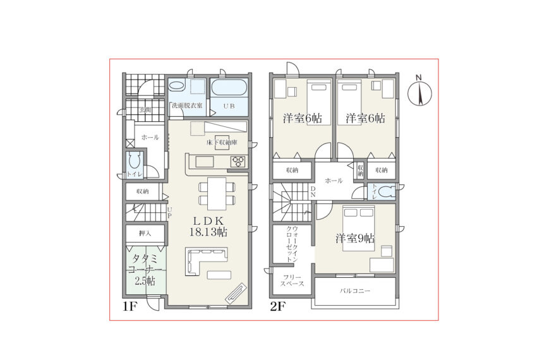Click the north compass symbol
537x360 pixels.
tap(420, 92)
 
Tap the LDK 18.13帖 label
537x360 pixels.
tap(208, 226)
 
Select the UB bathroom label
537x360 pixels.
tap(229, 106)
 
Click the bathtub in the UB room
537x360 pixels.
tap(229, 88)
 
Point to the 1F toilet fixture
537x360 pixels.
tap(135, 162)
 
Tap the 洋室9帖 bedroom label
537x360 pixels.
tap(355, 238)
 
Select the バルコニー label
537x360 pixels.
tap(355, 291)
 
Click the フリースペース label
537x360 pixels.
tap(292, 280)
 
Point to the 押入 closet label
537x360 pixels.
tap(145, 234)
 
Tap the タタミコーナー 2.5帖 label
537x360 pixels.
tap(145, 270)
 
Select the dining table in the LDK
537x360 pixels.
tap(217, 193)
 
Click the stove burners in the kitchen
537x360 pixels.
tap(239, 161)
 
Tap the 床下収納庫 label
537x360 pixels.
tap(222, 143)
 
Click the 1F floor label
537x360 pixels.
tap(130, 306)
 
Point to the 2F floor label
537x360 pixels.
tap(278, 306)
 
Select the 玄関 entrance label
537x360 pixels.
tap(145, 110)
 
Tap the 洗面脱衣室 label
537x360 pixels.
tap(187, 106)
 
